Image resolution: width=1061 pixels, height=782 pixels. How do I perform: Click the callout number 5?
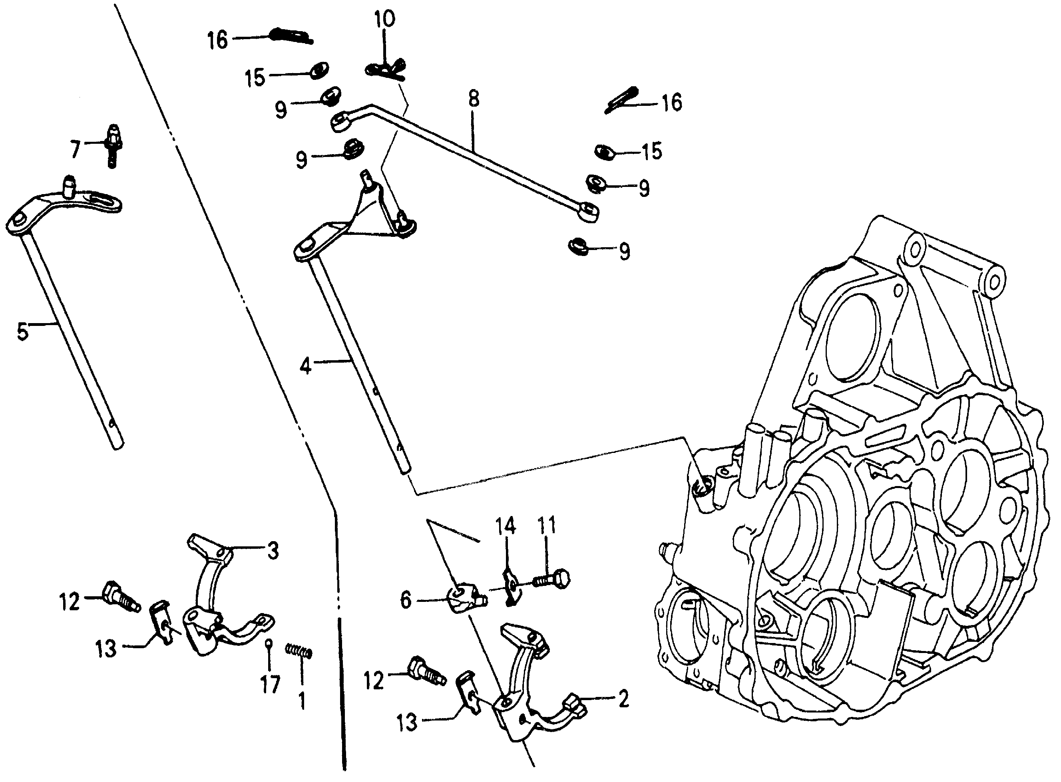[22, 332]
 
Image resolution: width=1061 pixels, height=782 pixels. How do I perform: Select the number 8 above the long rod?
[473, 99]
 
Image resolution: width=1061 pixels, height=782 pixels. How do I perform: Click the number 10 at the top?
[384, 20]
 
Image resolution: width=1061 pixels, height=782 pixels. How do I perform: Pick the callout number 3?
[273, 551]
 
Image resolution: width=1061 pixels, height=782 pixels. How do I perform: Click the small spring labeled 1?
[299, 652]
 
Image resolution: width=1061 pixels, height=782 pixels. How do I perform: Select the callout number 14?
[506, 526]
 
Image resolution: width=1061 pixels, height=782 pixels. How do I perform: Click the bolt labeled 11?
[552, 580]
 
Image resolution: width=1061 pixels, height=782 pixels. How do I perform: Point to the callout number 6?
[406, 601]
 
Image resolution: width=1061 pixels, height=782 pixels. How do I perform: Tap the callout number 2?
[623, 699]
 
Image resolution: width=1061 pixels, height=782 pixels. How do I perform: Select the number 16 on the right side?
[672, 102]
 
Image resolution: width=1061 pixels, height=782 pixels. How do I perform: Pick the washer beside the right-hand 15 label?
[604, 151]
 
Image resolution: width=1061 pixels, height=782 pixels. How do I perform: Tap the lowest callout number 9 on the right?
[625, 251]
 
